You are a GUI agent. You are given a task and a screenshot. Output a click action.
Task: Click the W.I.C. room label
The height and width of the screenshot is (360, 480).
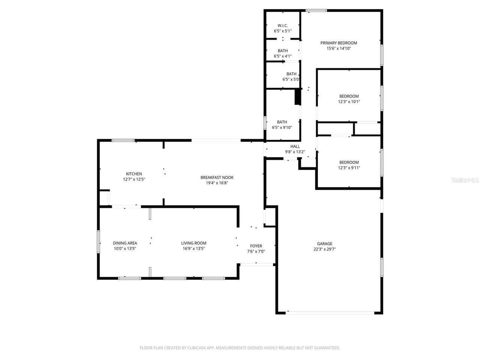(x=282, y=25)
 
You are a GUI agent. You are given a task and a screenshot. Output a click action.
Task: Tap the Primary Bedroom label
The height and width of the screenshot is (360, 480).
(x=338, y=43)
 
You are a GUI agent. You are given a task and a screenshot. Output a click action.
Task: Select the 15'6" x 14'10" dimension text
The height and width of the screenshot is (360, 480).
(x=338, y=48)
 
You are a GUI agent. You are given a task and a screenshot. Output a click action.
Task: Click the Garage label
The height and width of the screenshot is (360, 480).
(x=324, y=244)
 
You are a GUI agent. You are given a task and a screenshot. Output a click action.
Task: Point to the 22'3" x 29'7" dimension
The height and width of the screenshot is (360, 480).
(x=324, y=249)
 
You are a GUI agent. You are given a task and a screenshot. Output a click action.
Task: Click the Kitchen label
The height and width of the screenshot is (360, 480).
(x=134, y=174)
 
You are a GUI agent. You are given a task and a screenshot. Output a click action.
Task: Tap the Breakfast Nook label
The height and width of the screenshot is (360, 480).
(x=217, y=177)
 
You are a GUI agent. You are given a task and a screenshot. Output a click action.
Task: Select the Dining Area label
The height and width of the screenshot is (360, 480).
(x=125, y=243)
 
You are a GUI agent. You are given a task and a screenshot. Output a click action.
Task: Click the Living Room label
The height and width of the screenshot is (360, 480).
(x=193, y=243)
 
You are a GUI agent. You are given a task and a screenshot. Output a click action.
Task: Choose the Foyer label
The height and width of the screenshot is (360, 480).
(x=256, y=246)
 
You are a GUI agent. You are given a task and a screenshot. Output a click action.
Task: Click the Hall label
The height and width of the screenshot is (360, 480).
(x=295, y=146)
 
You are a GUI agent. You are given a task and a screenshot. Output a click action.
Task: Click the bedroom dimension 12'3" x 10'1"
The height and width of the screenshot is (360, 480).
(x=349, y=102)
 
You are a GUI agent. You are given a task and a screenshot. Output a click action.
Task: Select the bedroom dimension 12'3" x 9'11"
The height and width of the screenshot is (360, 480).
(x=349, y=168)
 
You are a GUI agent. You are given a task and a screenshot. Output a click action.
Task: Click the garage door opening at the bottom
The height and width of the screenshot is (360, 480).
(x=330, y=312)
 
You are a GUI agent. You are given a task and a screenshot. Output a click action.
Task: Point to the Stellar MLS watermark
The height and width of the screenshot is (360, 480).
(x=465, y=180)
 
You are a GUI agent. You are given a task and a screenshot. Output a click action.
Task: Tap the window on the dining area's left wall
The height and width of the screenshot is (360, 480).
(x=99, y=242)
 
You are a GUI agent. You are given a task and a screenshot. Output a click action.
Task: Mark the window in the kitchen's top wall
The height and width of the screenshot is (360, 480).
(x=123, y=141)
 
